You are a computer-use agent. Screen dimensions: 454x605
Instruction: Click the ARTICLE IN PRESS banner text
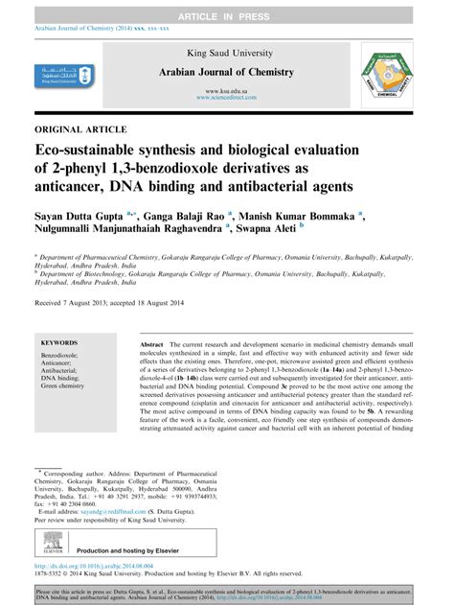[226, 10]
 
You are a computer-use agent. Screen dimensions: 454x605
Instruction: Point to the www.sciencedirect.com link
[226, 98]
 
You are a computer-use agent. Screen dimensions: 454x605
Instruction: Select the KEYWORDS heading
[62, 342]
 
